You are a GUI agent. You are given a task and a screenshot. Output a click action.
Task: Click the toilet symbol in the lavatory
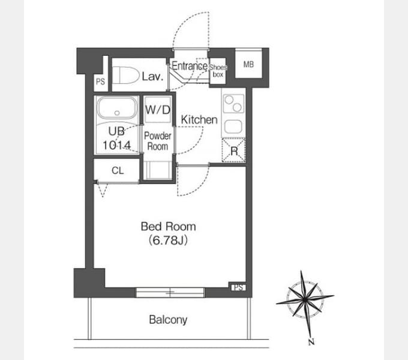tap(126, 76)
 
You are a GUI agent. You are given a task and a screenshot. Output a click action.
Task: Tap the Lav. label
tap(153, 76)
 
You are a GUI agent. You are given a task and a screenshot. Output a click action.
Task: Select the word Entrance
tap(190, 66)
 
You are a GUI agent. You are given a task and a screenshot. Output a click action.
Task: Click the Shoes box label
tap(218, 71)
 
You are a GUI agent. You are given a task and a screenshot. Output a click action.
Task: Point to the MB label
tap(248, 64)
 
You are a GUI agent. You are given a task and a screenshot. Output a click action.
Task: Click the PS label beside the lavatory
tap(100, 82)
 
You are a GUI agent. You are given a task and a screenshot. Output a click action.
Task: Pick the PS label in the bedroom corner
tap(239, 287)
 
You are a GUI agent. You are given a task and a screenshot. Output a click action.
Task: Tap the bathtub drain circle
tap(117, 113)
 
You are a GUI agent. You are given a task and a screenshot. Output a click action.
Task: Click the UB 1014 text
tap(116, 138)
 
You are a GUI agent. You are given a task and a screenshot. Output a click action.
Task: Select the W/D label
tap(158, 110)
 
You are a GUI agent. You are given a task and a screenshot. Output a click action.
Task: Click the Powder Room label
tap(158, 141)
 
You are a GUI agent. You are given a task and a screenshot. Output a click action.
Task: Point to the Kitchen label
tap(199, 119)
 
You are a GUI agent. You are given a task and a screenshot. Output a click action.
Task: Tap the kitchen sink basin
tap(233, 127)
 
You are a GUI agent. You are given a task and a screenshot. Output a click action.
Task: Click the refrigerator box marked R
tap(233, 151)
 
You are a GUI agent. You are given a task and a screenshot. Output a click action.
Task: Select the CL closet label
tap(118, 170)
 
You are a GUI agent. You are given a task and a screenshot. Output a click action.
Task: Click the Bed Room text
tap(169, 227)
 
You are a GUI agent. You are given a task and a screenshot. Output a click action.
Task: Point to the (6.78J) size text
tap(169, 240)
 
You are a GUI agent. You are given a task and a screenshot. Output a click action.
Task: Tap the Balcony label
tap(168, 320)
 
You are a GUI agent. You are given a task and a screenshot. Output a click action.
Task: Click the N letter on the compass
tap(311, 342)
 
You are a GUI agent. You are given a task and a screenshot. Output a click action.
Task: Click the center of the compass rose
tap(305, 299)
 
